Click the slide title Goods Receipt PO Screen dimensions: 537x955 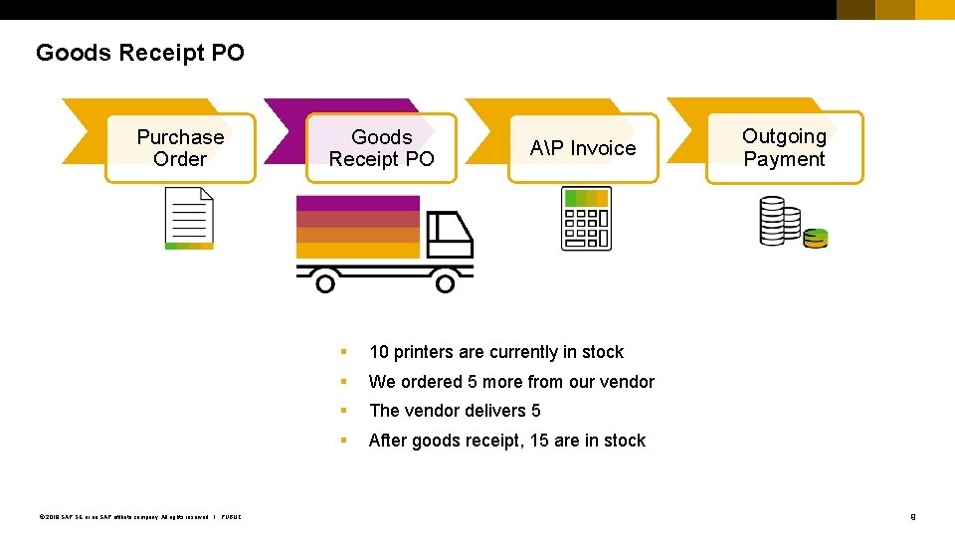pyautogui.click(x=139, y=53)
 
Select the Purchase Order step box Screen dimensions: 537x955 pyautogui.click(x=180, y=148)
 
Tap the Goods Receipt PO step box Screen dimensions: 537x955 pyautogui.click(x=381, y=148)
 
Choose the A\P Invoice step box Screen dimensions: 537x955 pyautogui.click(x=583, y=148)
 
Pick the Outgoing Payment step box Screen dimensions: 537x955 pyautogui.click(x=784, y=148)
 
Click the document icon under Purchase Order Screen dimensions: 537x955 pyautogui.click(x=189, y=219)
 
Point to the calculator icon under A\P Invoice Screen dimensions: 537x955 pyautogui.click(x=586, y=218)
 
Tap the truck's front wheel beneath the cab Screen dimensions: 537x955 pyautogui.click(x=445, y=283)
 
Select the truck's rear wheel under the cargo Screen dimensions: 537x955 pyautogui.click(x=324, y=283)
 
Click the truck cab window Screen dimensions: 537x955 pyautogui.click(x=441, y=231)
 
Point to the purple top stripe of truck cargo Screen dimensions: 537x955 pyautogui.click(x=358, y=203)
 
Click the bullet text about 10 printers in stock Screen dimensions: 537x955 pyautogui.click(x=495, y=352)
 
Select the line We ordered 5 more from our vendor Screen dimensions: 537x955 pyautogui.click(x=511, y=382)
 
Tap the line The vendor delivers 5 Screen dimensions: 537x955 pyautogui.click(x=455, y=411)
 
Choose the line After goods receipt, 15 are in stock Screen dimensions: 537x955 pyautogui.click(x=506, y=441)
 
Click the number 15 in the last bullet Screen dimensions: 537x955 pyautogui.click(x=539, y=441)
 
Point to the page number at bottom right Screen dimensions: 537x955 pyautogui.click(x=912, y=516)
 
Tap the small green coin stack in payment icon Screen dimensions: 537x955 pyautogui.click(x=816, y=238)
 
